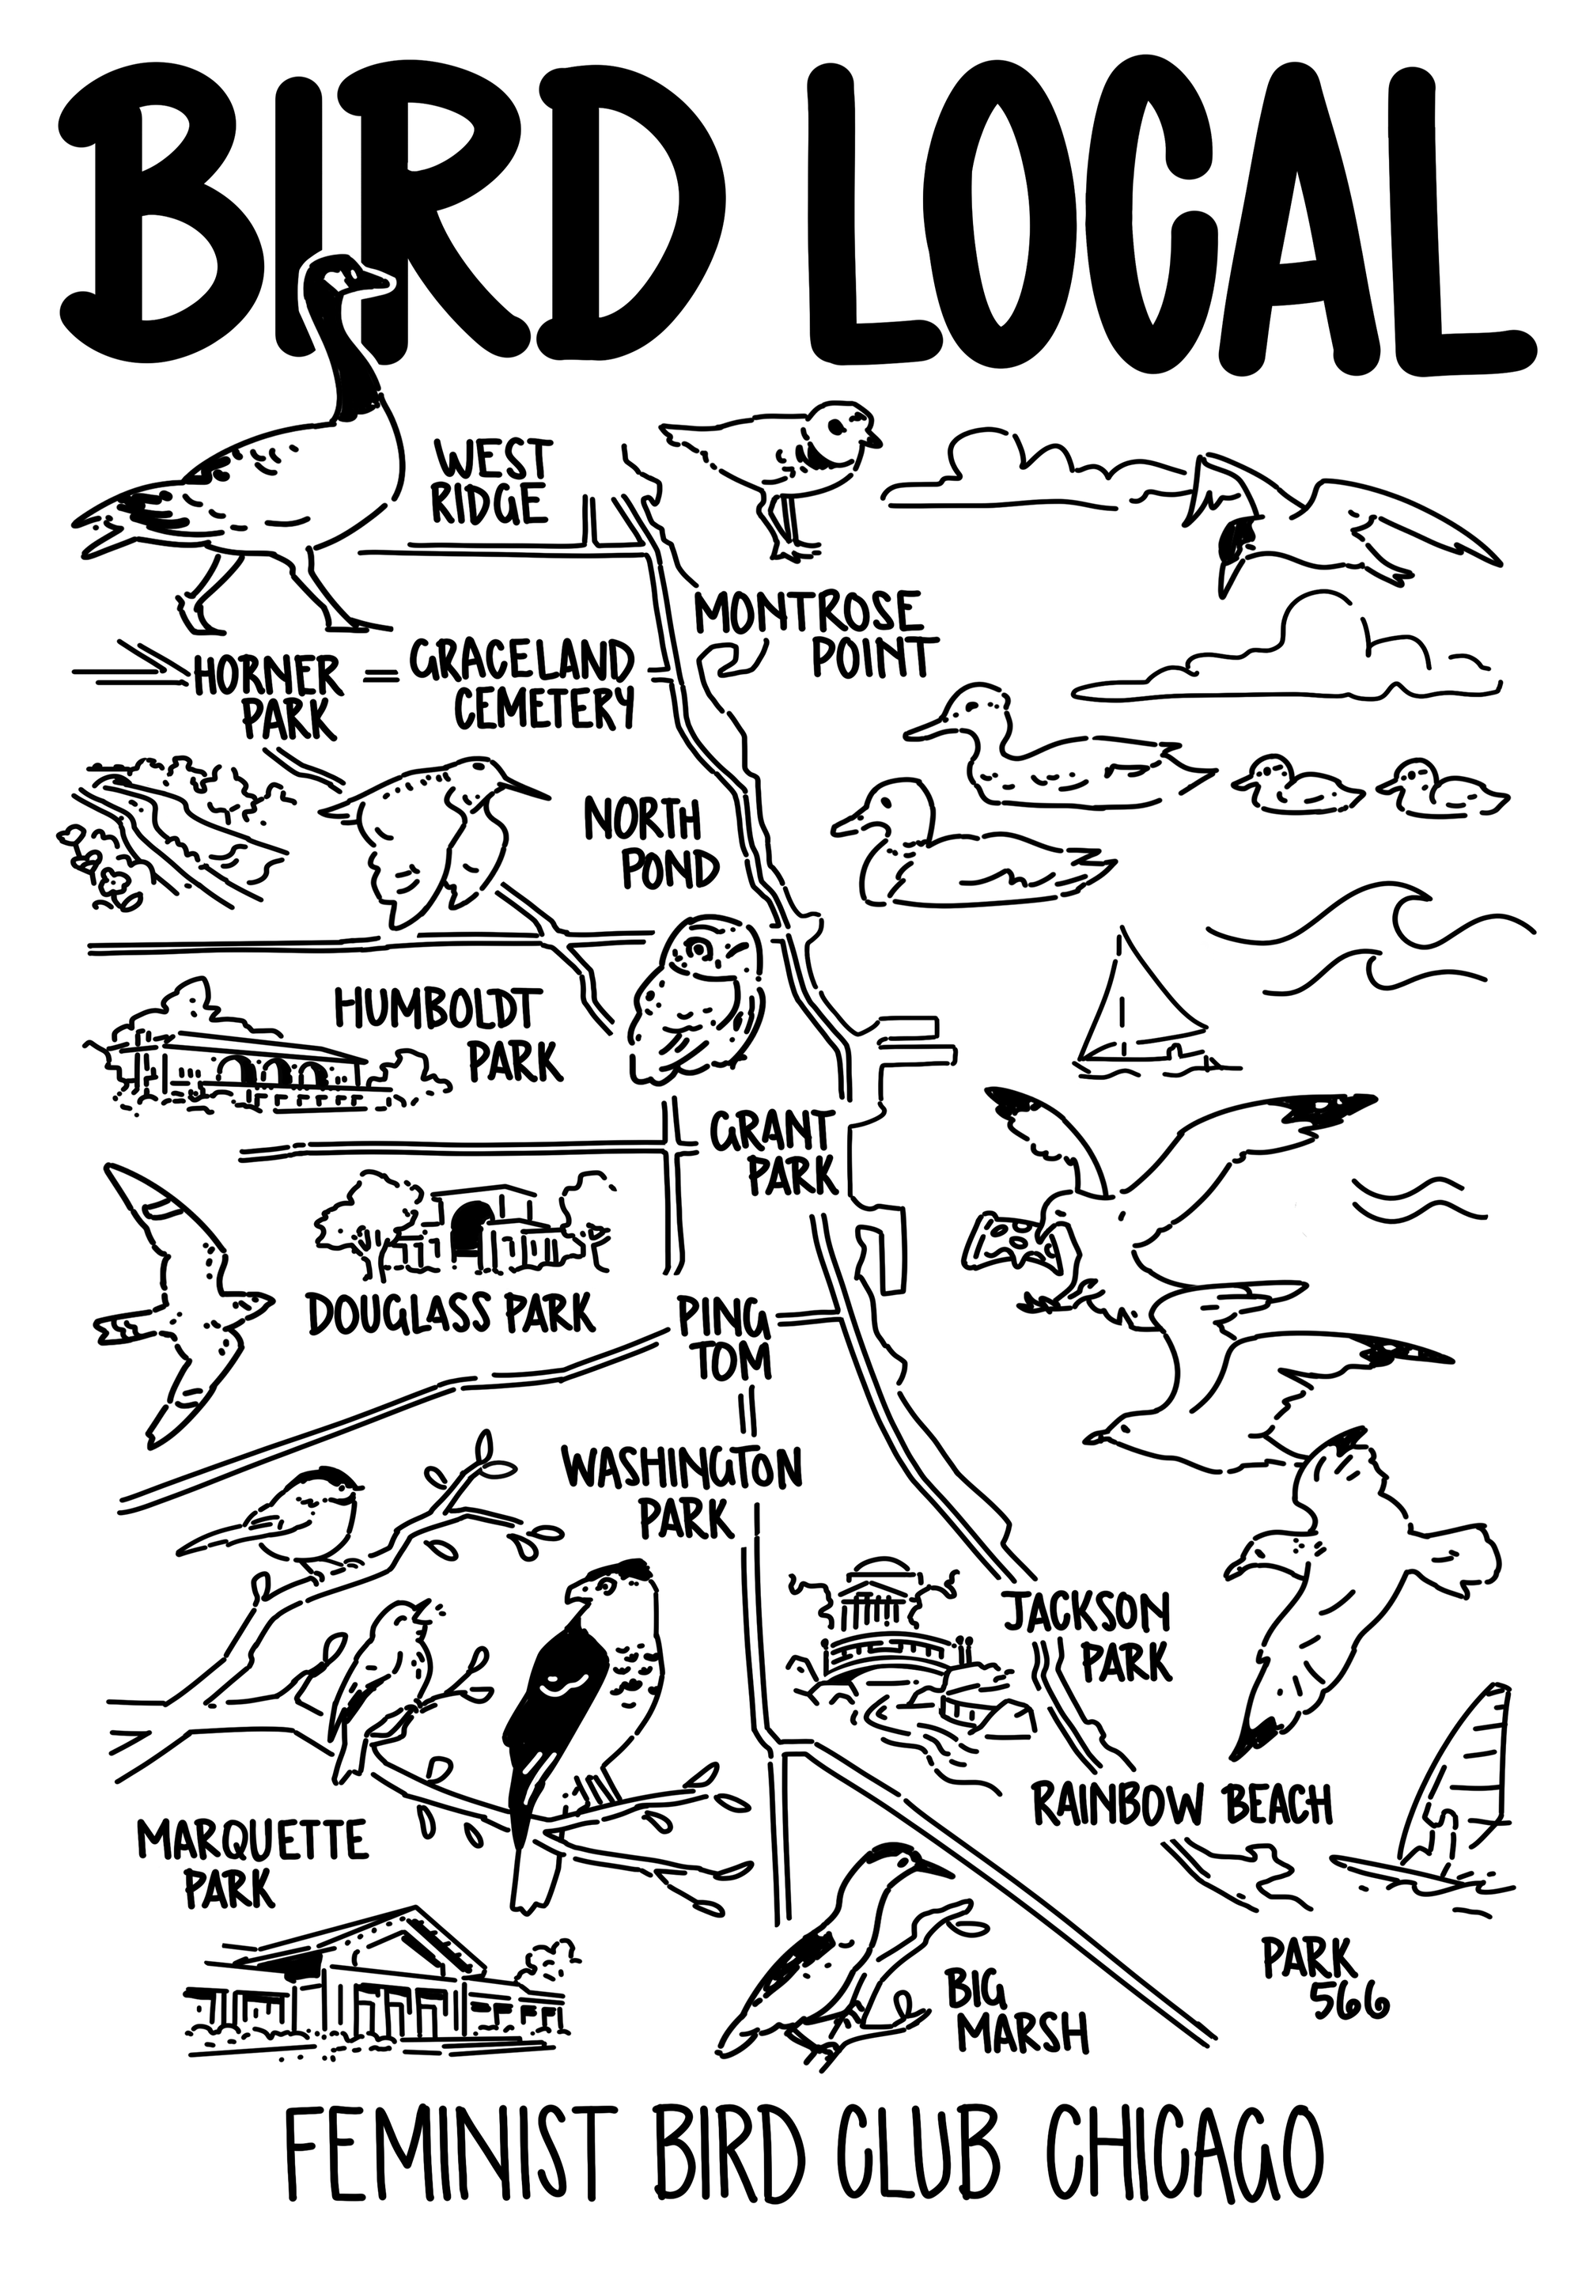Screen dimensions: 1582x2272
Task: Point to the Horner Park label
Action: tap(272, 697)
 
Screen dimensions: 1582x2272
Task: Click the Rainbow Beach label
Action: tap(1183, 1803)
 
